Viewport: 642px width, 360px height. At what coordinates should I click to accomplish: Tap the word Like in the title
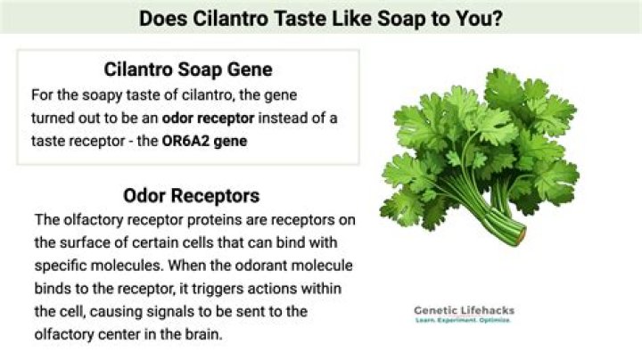point(342,18)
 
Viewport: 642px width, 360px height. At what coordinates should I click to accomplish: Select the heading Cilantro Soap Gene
point(187,69)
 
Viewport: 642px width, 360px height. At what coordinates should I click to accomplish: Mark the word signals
point(191,312)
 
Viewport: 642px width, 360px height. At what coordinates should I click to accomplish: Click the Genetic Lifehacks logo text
point(464,310)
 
